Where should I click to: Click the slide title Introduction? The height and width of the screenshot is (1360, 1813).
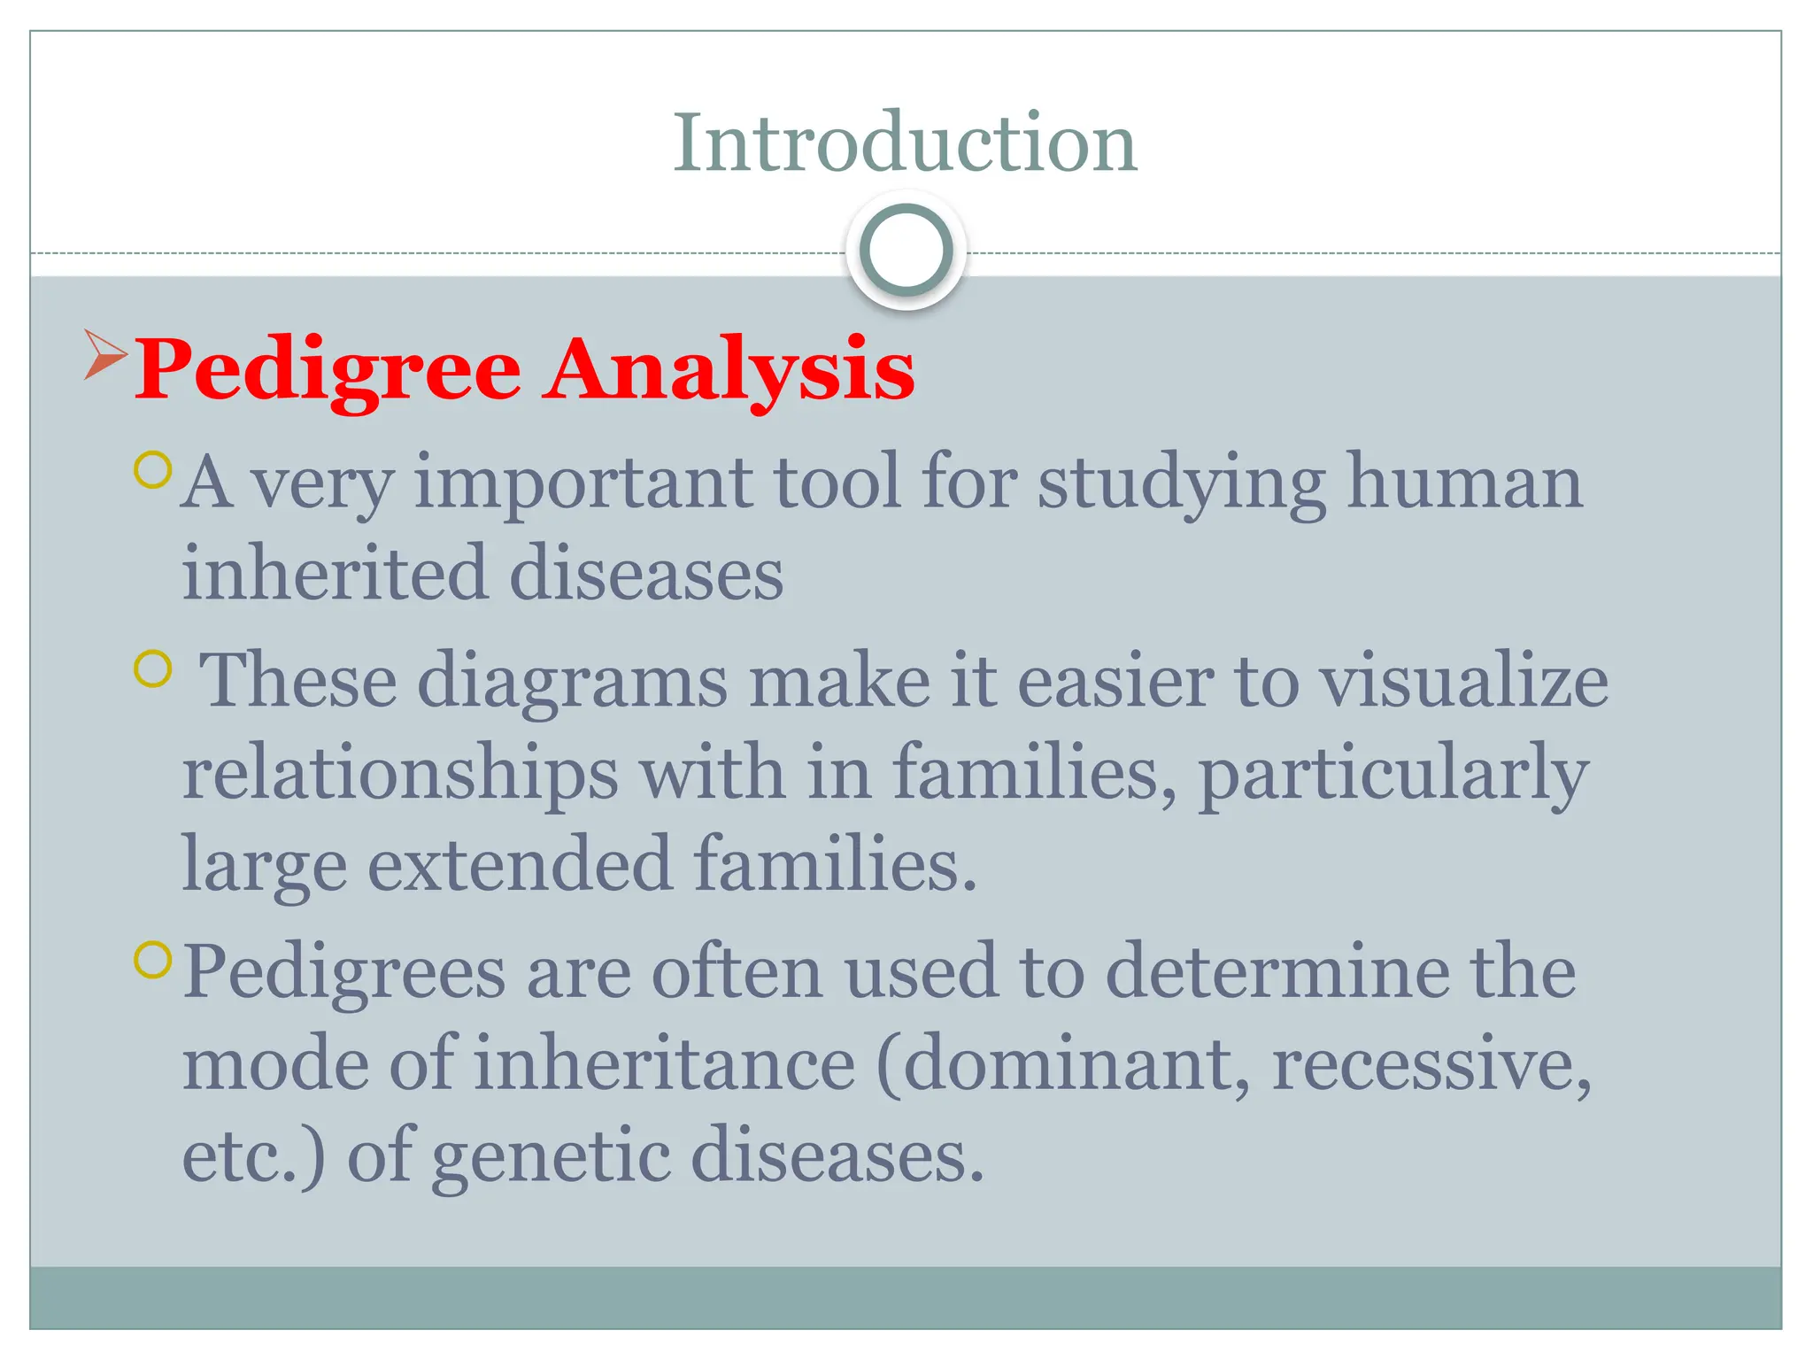pos(905,143)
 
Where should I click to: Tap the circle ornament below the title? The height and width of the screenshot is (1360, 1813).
pos(906,251)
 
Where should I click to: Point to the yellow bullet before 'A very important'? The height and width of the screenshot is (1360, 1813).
pos(152,470)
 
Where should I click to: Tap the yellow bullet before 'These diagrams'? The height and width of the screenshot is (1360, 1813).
pos(152,669)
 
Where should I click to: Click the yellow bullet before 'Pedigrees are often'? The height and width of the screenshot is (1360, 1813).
pos(152,960)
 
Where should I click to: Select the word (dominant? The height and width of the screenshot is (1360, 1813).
pos(1063,1065)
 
